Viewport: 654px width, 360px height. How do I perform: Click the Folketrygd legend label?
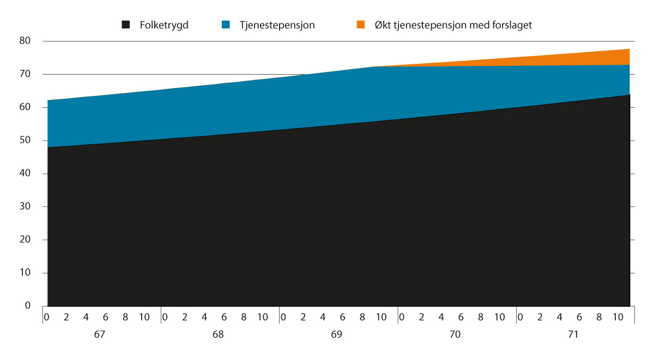pyautogui.click(x=163, y=25)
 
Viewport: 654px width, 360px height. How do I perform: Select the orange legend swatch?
pyautogui.click(x=361, y=25)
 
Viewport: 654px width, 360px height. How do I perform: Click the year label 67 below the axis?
pyautogui.click(x=99, y=334)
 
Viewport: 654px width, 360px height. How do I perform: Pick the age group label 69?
pyautogui.click(x=336, y=334)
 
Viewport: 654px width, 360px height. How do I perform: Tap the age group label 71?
pyautogui.click(x=573, y=334)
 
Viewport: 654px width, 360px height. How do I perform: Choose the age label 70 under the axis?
pyautogui.click(x=455, y=334)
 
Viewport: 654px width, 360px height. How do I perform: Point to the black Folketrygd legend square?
pyautogui.click(x=126, y=25)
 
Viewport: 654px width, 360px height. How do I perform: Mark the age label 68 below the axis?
pyautogui.click(x=218, y=334)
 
